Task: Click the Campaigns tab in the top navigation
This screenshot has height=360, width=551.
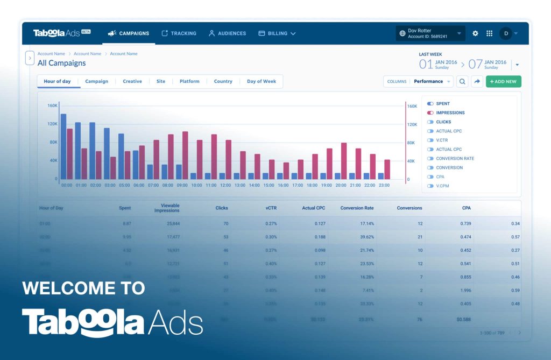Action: click(x=129, y=33)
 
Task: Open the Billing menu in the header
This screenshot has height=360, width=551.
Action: click(x=277, y=33)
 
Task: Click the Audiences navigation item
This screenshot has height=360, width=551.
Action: click(x=227, y=33)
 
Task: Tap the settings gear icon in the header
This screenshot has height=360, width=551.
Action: click(x=475, y=33)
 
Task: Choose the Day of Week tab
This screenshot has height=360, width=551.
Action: click(x=261, y=81)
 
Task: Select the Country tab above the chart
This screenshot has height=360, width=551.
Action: click(x=223, y=81)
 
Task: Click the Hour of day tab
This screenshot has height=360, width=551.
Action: click(x=57, y=81)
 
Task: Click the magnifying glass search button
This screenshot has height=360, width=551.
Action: click(x=462, y=81)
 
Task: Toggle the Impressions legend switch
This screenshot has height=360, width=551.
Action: click(x=430, y=113)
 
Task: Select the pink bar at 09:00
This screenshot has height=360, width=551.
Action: click(x=185, y=155)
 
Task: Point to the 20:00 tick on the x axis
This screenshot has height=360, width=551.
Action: click(x=341, y=185)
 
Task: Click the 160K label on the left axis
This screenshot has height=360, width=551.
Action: click(x=52, y=105)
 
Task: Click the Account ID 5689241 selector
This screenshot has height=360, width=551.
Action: click(x=430, y=33)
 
